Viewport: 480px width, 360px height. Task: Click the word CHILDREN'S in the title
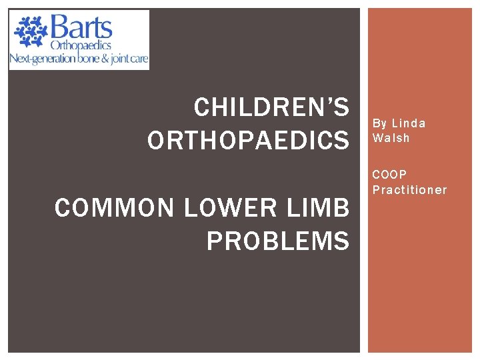271,107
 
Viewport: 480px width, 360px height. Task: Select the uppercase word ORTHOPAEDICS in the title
248,141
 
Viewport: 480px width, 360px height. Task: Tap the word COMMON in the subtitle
115,209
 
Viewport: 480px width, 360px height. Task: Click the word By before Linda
380,123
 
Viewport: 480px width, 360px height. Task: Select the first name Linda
409,123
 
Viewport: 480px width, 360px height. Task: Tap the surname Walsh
391,138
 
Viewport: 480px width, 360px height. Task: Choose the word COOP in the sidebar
389,175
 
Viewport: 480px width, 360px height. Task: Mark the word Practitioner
409,190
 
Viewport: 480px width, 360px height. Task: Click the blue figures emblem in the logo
29,32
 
